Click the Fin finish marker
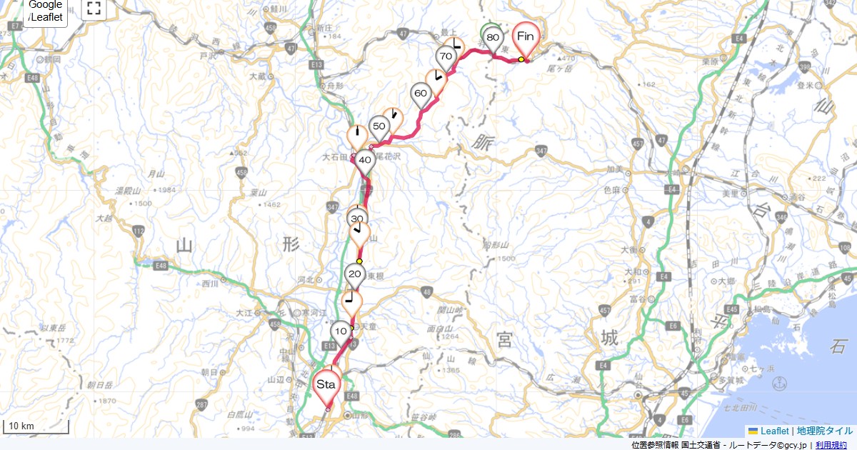tap(526, 37)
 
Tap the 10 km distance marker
tap(341, 331)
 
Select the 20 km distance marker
tap(354, 274)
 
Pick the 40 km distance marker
tap(364, 161)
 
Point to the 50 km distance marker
tap(379, 127)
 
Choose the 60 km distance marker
tap(421, 94)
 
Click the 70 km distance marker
tap(446, 56)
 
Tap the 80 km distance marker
tap(492, 38)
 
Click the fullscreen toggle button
tap(93, 9)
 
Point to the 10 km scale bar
tap(36, 427)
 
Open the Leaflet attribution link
tap(774, 431)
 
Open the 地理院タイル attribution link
tap(824, 431)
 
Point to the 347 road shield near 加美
tap(540, 151)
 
